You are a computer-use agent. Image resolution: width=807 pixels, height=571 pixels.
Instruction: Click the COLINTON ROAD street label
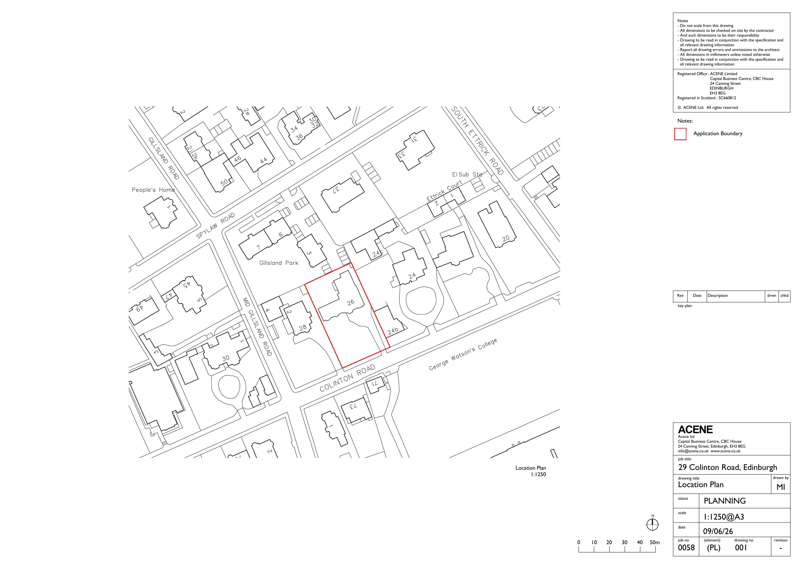347,378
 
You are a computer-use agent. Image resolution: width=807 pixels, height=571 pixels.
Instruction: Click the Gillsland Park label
279,263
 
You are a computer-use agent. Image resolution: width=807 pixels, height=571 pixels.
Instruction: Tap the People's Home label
153,190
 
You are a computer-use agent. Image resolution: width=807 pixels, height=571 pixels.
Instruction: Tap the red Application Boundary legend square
680,134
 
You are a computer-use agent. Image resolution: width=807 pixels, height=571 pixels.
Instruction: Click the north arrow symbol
653,524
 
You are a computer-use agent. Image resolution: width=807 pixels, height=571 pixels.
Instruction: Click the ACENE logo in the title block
695,430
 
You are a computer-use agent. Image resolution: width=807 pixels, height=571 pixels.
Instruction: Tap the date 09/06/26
718,531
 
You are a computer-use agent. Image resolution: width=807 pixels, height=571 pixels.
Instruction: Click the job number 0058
686,547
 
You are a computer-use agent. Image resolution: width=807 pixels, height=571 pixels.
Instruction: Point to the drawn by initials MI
781,487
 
